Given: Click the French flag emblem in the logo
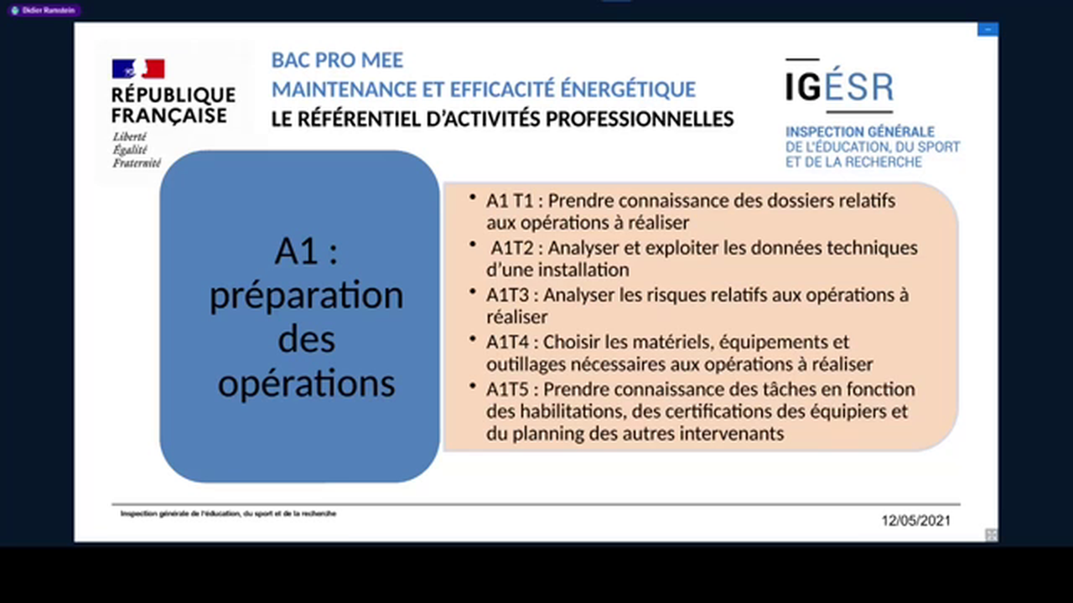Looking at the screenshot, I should (138, 69).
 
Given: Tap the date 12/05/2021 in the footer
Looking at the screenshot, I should (915, 520).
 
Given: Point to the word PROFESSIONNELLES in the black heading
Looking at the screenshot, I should (640, 119).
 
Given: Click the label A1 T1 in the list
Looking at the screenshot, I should (510, 201).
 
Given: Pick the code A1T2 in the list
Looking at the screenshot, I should (514, 248).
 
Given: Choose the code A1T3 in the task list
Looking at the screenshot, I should (511, 295).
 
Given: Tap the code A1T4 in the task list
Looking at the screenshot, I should (511, 342).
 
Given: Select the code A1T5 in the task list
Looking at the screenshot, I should (511, 389).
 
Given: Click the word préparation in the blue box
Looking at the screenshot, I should (306, 296).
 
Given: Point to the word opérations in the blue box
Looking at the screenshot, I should (306, 383).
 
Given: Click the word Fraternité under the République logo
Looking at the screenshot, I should (137, 163).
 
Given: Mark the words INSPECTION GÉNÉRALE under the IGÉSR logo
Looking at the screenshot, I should (859, 132).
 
